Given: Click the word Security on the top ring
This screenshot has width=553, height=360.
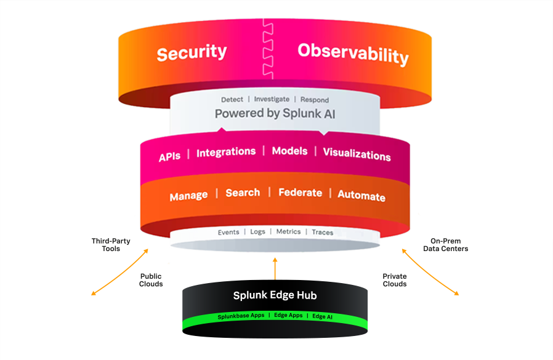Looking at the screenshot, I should click(192, 53).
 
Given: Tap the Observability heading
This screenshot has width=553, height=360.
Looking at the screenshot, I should click(353, 54).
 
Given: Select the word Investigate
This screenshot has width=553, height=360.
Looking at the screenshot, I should click(272, 100).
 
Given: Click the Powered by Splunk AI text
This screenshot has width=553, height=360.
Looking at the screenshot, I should click(275, 114).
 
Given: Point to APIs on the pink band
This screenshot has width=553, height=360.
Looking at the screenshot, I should click(169, 156).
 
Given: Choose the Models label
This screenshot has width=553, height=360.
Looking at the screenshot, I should click(289, 151).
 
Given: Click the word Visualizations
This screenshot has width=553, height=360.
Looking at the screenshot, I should click(357, 154).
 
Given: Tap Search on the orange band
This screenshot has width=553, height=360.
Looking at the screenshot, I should click(243, 193).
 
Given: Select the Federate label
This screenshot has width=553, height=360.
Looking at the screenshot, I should click(300, 193).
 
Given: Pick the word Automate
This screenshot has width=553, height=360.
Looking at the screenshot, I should click(361, 196).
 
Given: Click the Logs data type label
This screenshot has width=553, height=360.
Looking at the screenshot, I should click(257, 232).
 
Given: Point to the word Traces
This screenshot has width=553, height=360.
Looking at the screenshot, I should click(322, 233).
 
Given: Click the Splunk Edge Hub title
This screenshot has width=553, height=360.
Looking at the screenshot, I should click(275, 295).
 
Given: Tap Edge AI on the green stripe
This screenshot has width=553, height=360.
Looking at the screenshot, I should click(322, 316).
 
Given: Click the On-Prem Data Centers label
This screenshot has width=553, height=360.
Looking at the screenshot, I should click(445, 245).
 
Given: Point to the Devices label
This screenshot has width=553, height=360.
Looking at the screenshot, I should click(427, 266).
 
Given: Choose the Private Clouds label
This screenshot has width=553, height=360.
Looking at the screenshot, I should click(394, 280).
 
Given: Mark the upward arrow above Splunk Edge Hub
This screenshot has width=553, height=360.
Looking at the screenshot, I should click(275, 268).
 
